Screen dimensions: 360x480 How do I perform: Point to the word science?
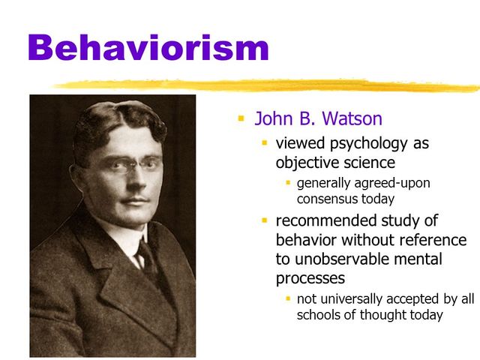point(368,162)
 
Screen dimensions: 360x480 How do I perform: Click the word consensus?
point(329,199)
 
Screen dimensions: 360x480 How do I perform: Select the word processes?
point(310,278)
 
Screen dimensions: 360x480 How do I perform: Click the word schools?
point(319,315)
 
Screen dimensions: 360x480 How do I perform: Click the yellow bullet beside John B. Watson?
point(241,118)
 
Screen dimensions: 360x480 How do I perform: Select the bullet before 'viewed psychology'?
point(264,142)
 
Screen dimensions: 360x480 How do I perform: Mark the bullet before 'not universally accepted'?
point(287,298)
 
